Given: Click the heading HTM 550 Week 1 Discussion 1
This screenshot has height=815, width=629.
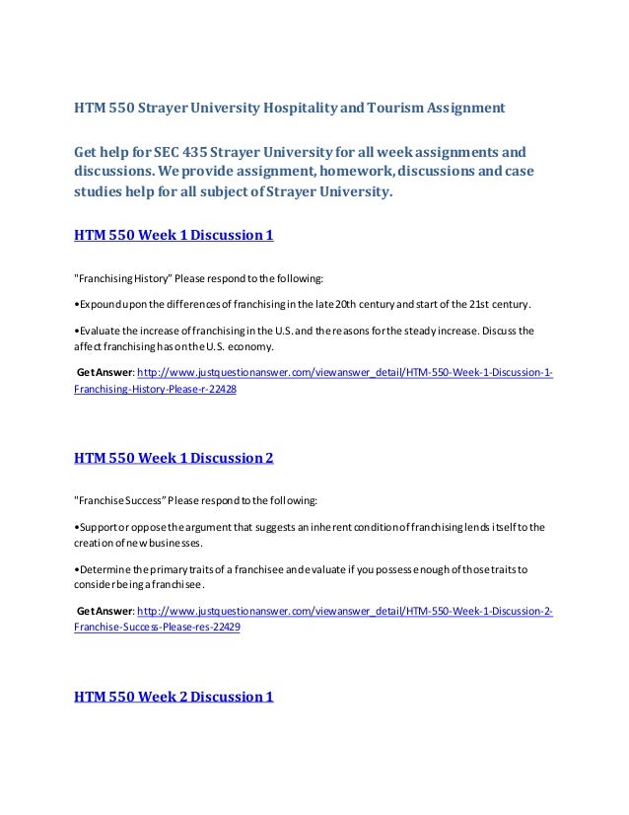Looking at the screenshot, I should pyautogui.click(x=174, y=237).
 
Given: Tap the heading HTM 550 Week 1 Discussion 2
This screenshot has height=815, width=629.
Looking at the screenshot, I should pyautogui.click(x=174, y=459).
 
